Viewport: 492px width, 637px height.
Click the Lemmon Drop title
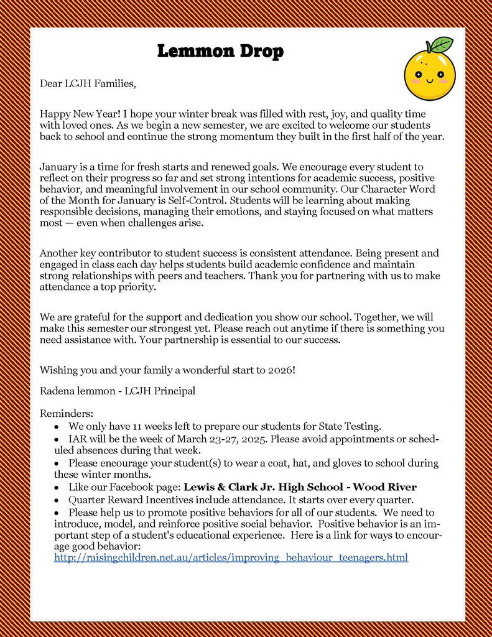click(x=220, y=51)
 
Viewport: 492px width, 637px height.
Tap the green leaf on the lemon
click(x=441, y=45)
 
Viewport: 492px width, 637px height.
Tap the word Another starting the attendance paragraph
click(x=60, y=253)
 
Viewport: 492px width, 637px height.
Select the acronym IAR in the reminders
click(x=77, y=440)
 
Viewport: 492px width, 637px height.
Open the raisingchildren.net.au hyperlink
click(x=231, y=558)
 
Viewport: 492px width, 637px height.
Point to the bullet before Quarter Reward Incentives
click(x=57, y=500)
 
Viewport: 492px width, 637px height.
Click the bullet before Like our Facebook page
click(x=57, y=487)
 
